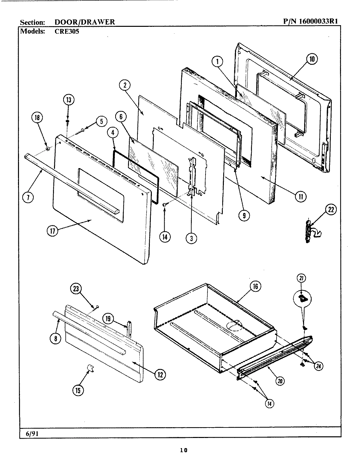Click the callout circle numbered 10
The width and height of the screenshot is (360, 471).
[x=312, y=59]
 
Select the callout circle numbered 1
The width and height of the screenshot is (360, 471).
[x=217, y=61]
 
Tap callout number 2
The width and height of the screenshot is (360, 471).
[x=124, y=85]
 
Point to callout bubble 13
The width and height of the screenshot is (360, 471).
[x=68, y=100]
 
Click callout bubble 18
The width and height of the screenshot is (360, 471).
[x=37, y=118]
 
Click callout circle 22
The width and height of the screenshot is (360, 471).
[x=331, y=210]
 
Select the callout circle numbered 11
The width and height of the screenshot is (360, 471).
[x=300, y=196]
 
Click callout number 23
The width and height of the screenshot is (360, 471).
[x=76, y=288]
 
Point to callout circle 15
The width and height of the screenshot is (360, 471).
[x=78, y=390]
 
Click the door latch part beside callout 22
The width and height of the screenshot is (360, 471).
[x=308, y=232]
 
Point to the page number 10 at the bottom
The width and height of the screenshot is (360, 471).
[x=183, y=450]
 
